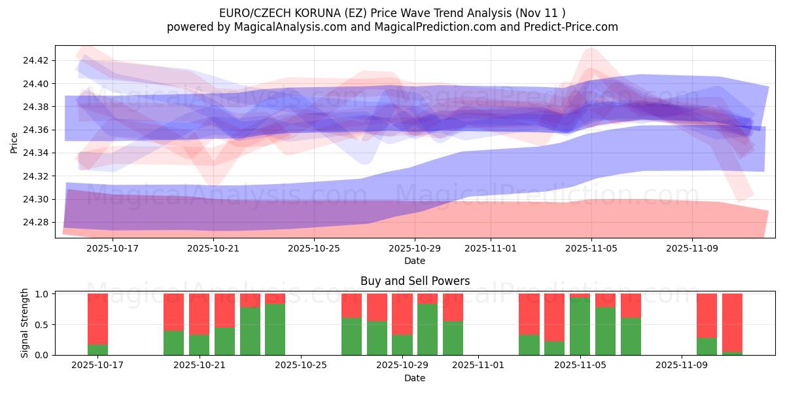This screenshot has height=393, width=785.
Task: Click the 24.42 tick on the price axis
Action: tap(35, 60)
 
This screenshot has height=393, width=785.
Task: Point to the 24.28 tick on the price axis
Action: tap(35, 223)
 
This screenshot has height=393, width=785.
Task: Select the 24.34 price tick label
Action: tap(35, 153)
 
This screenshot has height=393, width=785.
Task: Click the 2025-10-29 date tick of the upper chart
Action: tap(415, 249)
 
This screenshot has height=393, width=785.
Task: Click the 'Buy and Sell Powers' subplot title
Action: tap(415, 281)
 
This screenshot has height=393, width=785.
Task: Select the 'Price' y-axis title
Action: tap(14, 142)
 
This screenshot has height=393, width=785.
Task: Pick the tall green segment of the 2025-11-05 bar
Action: tap(580, 326)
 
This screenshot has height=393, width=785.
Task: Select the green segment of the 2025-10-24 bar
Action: tap(275, 329)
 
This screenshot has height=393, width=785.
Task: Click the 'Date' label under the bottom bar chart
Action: tap(415, 378)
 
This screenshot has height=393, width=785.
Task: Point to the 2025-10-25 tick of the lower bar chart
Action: tap(301, 365)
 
